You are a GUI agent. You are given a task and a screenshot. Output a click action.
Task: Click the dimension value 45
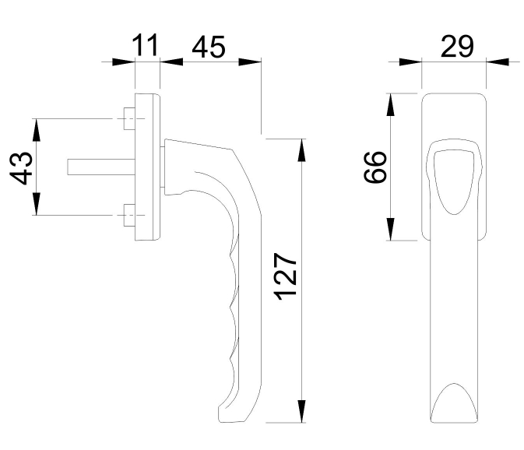pyautogui.click(x=208, y=47)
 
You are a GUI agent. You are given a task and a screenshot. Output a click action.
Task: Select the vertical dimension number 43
pyautogui.click(x=23, y=167)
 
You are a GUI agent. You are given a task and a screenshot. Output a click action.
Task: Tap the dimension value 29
pyautogui.click(x=457, y=46)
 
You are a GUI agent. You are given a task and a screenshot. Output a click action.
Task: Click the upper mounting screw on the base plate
pyautogui.click(x=129, y=119)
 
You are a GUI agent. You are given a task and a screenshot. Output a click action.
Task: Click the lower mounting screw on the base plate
pyautogui.click(x=129, y=216)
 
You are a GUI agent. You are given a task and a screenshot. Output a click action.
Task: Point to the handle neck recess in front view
pyautogui.click(x=453, y=178)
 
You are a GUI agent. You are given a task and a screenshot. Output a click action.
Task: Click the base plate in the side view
pyautogui.click(x=147, y=167)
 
